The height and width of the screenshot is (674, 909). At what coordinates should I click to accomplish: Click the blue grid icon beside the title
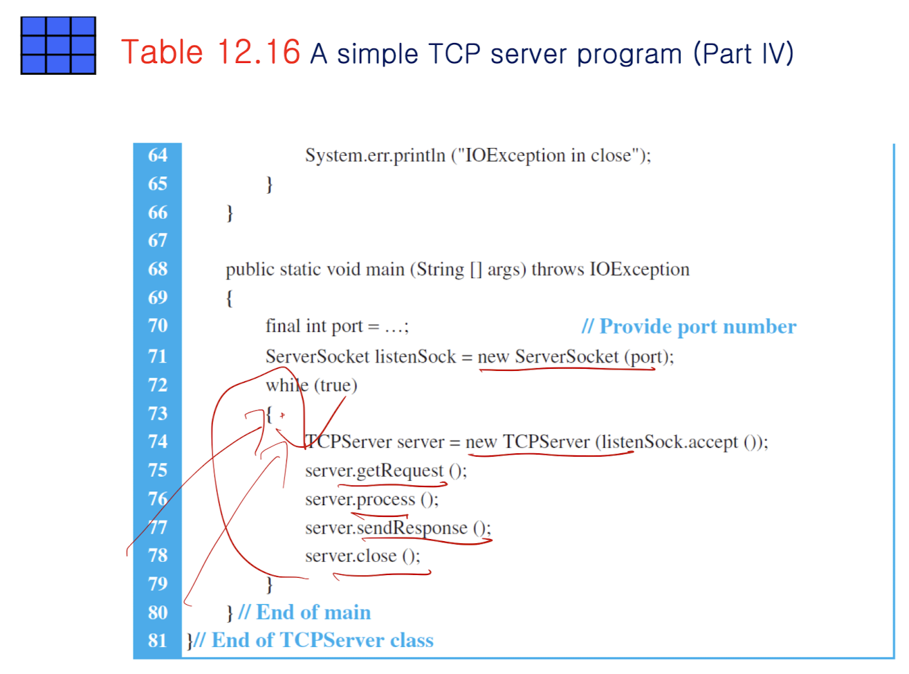click(x=58, y=46)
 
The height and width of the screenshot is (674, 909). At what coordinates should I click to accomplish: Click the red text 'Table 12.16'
click(x=210, y=53)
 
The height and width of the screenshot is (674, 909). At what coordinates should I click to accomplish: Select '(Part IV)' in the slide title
click(x=744, y=54)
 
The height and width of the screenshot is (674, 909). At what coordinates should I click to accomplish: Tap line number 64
click(x=158, y=155)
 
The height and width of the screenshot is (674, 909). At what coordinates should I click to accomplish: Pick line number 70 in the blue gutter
click(x=158, y=326)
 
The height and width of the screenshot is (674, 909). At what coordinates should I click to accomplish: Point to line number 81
click(x=158, y=641)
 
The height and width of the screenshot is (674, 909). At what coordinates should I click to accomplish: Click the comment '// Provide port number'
click(x=689, y=327)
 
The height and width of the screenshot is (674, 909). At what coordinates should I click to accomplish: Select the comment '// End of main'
click(x=304, y=612)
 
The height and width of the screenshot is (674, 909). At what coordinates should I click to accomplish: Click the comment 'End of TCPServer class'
click(x=322, y=641)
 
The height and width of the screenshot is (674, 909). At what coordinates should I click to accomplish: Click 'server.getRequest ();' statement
click(x=386, y=471)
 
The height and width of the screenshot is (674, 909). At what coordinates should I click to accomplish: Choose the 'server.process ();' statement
click(x=371, y=500)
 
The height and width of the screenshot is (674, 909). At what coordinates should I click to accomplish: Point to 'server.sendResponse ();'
click(x=398, y=528)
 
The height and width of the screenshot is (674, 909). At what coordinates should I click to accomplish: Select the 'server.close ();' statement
click(x=362, y=556)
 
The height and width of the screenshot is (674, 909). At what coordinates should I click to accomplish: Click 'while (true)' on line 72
click(x=311, y=385)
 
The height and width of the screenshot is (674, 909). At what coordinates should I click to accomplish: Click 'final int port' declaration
click(x=314, y=327)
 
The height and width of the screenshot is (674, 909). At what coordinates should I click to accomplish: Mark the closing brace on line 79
click(x=269, y=585)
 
